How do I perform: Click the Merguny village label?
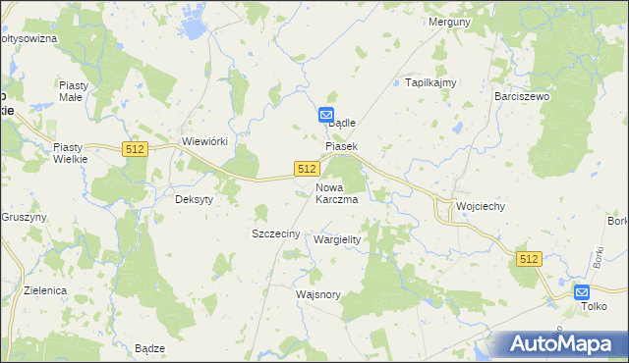pyautogui.click(x=451, y=21)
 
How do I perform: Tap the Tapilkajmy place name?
pyautogui.click(x=431, y=83)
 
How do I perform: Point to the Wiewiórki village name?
pyautogui.click(x=205, y=141)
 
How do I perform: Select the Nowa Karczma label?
pyautogui.click(x=336, y=192)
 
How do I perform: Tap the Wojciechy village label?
pyautogui.click(x=481, y=207)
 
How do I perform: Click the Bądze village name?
pyautogui.click(x=149, y=348)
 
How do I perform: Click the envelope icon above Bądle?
pyautogui.click(x=327, y=115)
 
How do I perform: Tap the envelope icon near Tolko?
pyautogui.click(x=583, y=291)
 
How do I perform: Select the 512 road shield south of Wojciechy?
pyautogui.click(x=530, y=258)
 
